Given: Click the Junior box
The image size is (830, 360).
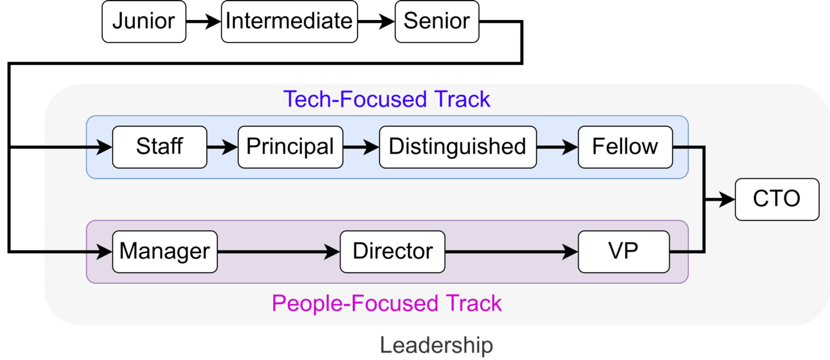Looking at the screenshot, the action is tap(143, 21).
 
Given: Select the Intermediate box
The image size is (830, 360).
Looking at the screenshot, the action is tap(289, 21).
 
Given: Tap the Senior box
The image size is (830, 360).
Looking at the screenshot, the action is tap(437, 21).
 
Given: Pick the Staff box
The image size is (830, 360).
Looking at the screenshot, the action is tap(159, 147).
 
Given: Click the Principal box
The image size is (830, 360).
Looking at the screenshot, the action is tap(290, 147).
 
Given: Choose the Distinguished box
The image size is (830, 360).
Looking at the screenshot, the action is tap(458, 147).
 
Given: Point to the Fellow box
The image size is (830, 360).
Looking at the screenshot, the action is tap(625, 147).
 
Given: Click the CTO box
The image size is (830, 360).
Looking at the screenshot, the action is tap(777, 199).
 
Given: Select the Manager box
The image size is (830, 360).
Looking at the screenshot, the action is tap(165, 251).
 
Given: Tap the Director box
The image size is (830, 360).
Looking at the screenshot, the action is tap(392, 251).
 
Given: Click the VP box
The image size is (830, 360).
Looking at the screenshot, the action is tap(624, 251).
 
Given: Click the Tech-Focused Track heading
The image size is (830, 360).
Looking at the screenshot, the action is tap(387, 99).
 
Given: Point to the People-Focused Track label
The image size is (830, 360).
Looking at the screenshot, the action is tap(387, 303).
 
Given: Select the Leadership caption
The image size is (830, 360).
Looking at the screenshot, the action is tap(436, 345).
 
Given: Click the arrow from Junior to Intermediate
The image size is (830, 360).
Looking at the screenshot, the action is tap(203, 21).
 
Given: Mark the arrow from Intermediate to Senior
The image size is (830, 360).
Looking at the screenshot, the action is tap(376, 21).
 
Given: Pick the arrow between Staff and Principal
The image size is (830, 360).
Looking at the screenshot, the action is tap(222, 147).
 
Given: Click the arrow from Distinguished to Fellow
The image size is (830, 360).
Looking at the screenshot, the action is tap(557, 147).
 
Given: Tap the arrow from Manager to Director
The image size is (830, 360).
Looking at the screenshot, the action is tap(279, 251).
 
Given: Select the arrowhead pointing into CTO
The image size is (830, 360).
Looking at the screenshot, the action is tap(727, 199).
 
